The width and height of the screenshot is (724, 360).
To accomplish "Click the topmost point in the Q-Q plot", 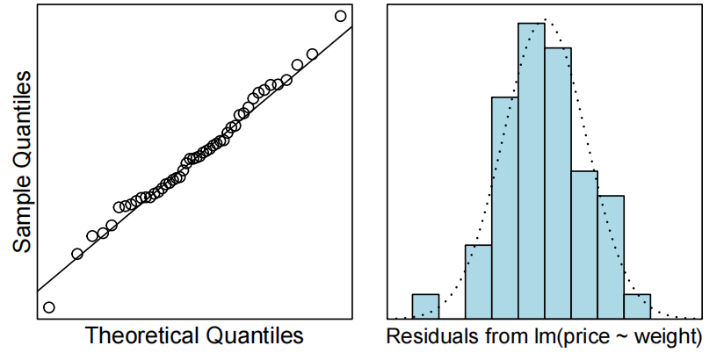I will coord(340,16).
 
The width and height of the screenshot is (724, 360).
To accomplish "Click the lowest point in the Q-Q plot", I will coord(49,307).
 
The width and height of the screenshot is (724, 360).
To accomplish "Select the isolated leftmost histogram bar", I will coord(425,306).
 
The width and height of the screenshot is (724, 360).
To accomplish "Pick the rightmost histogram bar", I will coord(637,306).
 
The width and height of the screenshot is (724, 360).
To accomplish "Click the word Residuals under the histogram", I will coord(430,336).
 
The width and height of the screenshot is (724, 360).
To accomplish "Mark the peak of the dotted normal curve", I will coord(546,18).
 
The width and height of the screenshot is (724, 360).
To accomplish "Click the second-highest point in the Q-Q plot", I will coord(311,54).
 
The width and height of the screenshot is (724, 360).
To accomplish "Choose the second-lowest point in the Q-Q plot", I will coord(77,254).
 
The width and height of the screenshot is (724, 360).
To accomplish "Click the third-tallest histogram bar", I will coord(505,207).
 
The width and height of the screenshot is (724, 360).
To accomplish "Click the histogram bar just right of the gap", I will coord(478,281).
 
